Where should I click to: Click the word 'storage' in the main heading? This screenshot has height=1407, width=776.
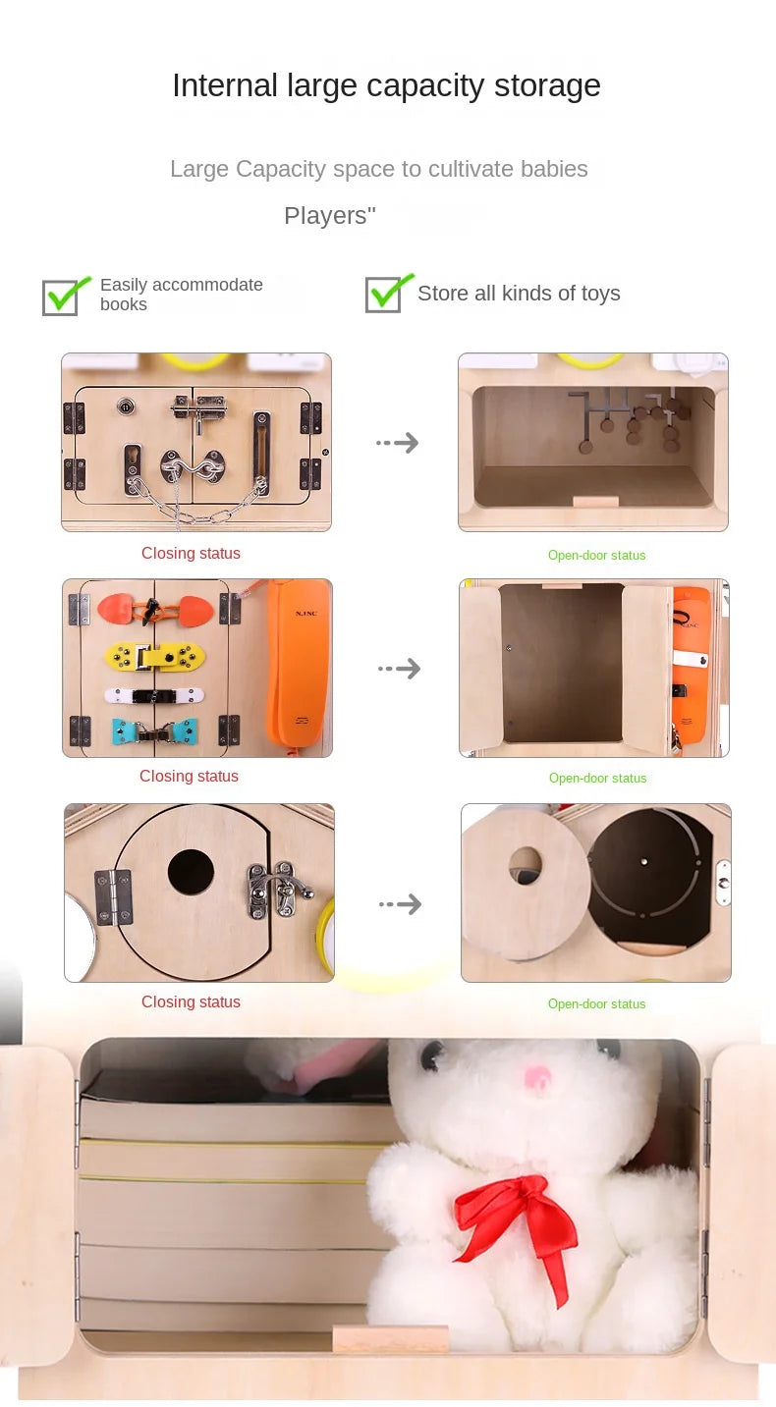point(547,86)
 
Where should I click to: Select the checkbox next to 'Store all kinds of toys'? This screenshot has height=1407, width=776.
point(386,294)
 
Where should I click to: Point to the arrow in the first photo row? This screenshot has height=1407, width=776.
point(397,443)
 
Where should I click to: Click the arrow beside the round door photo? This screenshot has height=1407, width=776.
point(400,904)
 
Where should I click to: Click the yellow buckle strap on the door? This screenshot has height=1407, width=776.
point(154,657)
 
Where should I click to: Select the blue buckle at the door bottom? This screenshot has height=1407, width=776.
point(154,731)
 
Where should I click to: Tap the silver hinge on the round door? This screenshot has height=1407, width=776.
point(113,897)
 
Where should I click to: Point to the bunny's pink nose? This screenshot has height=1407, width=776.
point(536,1078)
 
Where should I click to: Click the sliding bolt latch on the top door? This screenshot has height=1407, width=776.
point(199,410)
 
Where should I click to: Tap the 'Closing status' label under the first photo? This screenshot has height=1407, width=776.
point(191,554)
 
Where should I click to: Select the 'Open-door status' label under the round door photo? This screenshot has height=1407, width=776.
point(597,1003)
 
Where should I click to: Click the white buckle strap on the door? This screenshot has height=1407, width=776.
point(154,696)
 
